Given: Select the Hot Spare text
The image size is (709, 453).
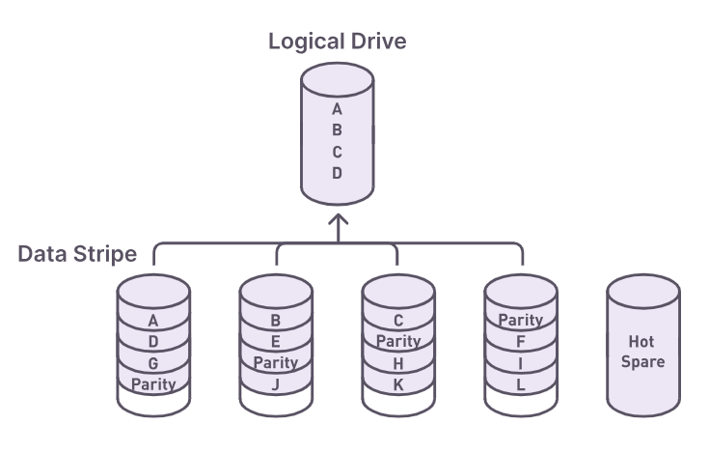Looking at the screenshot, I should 641,352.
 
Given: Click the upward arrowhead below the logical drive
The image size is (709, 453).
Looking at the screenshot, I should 337,222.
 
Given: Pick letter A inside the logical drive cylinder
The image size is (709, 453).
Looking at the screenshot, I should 337,110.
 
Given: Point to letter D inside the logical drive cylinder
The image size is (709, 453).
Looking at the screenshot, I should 337,174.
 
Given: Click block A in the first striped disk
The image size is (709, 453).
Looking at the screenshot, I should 152,321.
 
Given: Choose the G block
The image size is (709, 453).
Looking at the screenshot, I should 152,363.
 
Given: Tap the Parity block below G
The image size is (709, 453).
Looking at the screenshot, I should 152,384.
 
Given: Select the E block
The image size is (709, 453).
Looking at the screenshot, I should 276,342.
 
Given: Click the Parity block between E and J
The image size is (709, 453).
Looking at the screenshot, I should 276,363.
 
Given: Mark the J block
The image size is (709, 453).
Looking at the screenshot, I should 276,384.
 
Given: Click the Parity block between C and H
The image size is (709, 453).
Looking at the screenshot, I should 398,342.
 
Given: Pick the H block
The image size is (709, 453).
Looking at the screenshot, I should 398,363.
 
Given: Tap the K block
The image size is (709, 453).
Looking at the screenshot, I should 398,384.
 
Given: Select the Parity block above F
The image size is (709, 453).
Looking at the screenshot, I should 521,321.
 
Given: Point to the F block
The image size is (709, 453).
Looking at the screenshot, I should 521,342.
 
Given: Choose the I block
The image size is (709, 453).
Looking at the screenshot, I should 521,363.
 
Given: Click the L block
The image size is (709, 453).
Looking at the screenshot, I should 521,384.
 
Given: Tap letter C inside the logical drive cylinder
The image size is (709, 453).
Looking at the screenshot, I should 337,153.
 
